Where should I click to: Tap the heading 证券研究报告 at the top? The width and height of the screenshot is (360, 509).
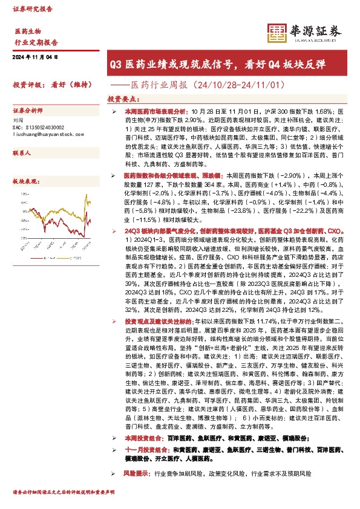(x=33, y=10)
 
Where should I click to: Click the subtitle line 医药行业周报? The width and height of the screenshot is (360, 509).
(x=218, y=85)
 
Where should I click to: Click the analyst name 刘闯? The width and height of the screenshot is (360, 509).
(x=19, y=121)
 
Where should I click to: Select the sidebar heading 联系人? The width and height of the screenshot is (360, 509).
(x=22, y=154)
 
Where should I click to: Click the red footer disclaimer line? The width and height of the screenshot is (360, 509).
(x=64, y=502)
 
